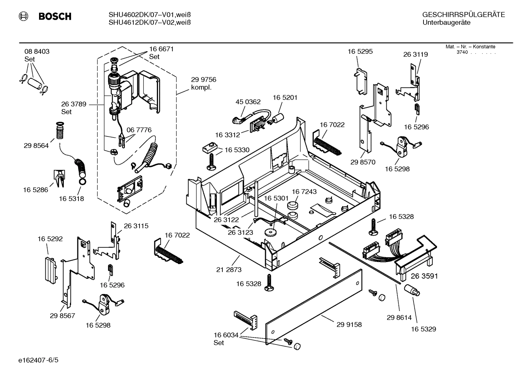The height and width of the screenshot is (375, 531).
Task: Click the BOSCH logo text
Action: point(54,16)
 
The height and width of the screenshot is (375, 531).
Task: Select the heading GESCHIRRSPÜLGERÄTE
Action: point(463,15)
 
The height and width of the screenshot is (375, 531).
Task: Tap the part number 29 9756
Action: point(203,79)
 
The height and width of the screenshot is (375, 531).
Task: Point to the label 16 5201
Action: point(285,98)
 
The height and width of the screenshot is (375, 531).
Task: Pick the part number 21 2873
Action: point(229,270)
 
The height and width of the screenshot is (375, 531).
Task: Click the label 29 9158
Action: point(349,325)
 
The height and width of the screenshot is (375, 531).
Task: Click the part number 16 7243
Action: point(304,192)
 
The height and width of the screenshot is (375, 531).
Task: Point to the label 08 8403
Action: point(37,52)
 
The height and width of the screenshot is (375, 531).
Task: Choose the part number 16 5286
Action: point(35,190)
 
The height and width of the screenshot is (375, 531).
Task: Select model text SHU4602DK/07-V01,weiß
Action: point(150,15)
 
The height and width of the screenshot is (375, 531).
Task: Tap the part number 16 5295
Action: point(360,52)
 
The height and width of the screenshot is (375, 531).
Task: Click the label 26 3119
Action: point(415,54)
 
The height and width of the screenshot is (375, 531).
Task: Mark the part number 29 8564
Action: point(36,145)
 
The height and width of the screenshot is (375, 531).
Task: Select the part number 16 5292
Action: point(50,239)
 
